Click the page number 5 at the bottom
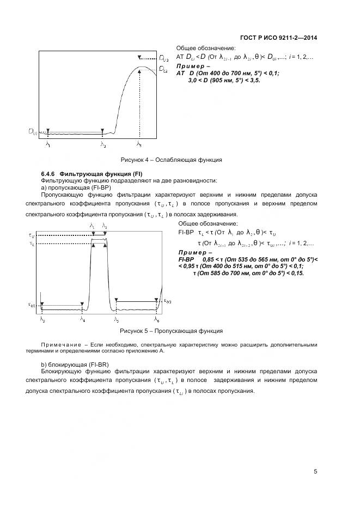(315, 471)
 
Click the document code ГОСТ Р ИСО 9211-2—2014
(278, 38)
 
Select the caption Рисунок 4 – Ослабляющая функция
(171, 160)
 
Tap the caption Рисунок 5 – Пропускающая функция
(171, 331)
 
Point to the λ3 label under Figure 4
(139, 145)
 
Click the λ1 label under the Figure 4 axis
(48, 145)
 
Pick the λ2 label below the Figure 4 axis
(102, 145)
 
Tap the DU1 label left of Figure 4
(33, 131)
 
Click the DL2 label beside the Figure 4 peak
(163, 69)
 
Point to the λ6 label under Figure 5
(156, 320)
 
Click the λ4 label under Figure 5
(82, 320)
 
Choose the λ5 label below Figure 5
(116, 320)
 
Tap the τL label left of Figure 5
(31, 244)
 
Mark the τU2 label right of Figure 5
(167, 301)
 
